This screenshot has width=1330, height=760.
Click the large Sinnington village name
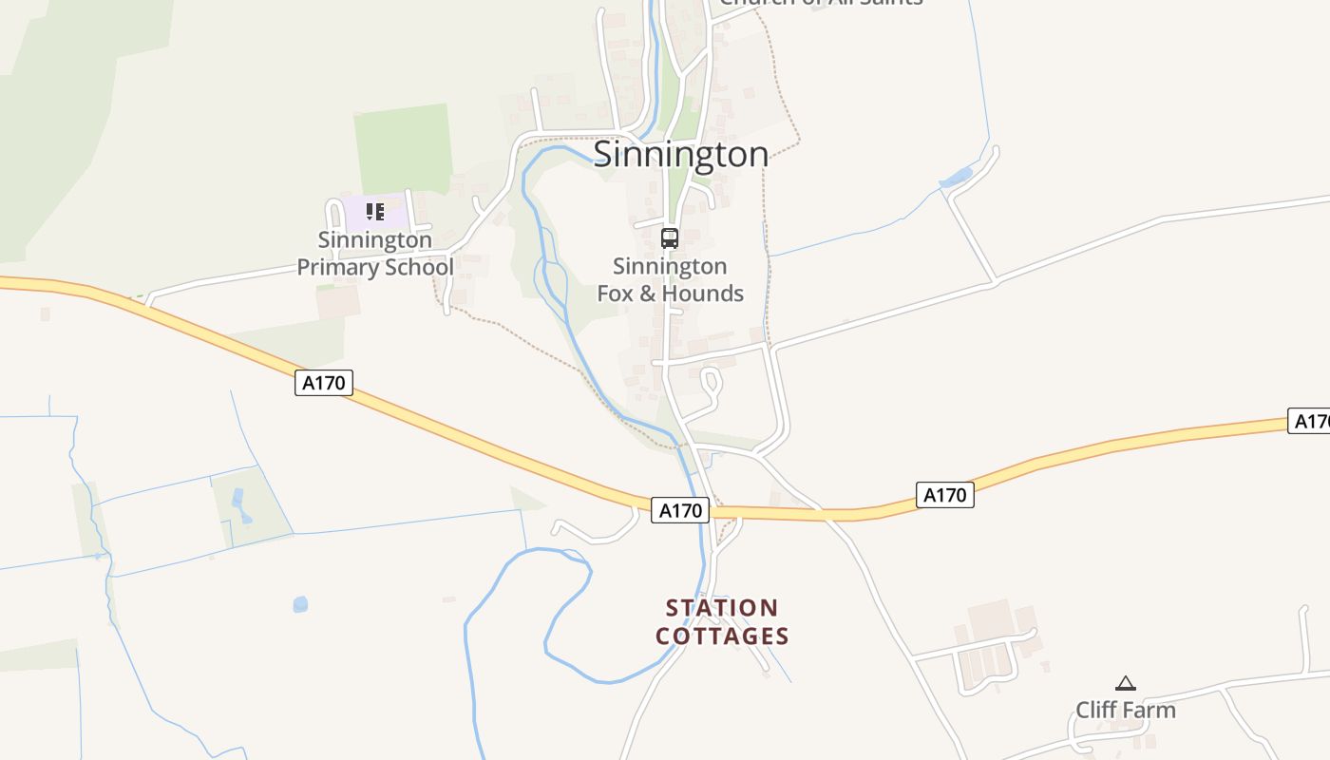(x=681, y=154)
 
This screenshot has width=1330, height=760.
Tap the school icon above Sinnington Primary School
(x=375, y=211)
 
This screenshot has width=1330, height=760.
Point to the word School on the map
(x=418, y=268)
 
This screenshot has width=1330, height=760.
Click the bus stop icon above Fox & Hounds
(x=670, y=237)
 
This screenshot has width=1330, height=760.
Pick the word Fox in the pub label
(x=616, y=294)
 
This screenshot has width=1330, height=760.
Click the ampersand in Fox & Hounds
(x=647, y=294)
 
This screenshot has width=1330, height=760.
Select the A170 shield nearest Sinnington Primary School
(x=324, y=383)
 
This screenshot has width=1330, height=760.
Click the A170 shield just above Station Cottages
(x=680, y=510)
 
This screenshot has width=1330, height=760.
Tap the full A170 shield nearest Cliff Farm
(x=945, y=495)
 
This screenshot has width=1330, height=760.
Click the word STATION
(x=722, y=608)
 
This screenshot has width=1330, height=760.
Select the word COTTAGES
(x=722, y=636)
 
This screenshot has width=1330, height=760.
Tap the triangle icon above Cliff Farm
(x=1126, y=683)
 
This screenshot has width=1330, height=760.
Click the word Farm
(x=1150, y=711)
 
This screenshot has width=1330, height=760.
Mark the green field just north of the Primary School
(x=403, y=147)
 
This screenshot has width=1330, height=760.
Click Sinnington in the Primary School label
(x=374, y=240)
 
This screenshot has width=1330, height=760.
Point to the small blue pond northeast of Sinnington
(x=956, y=177)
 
